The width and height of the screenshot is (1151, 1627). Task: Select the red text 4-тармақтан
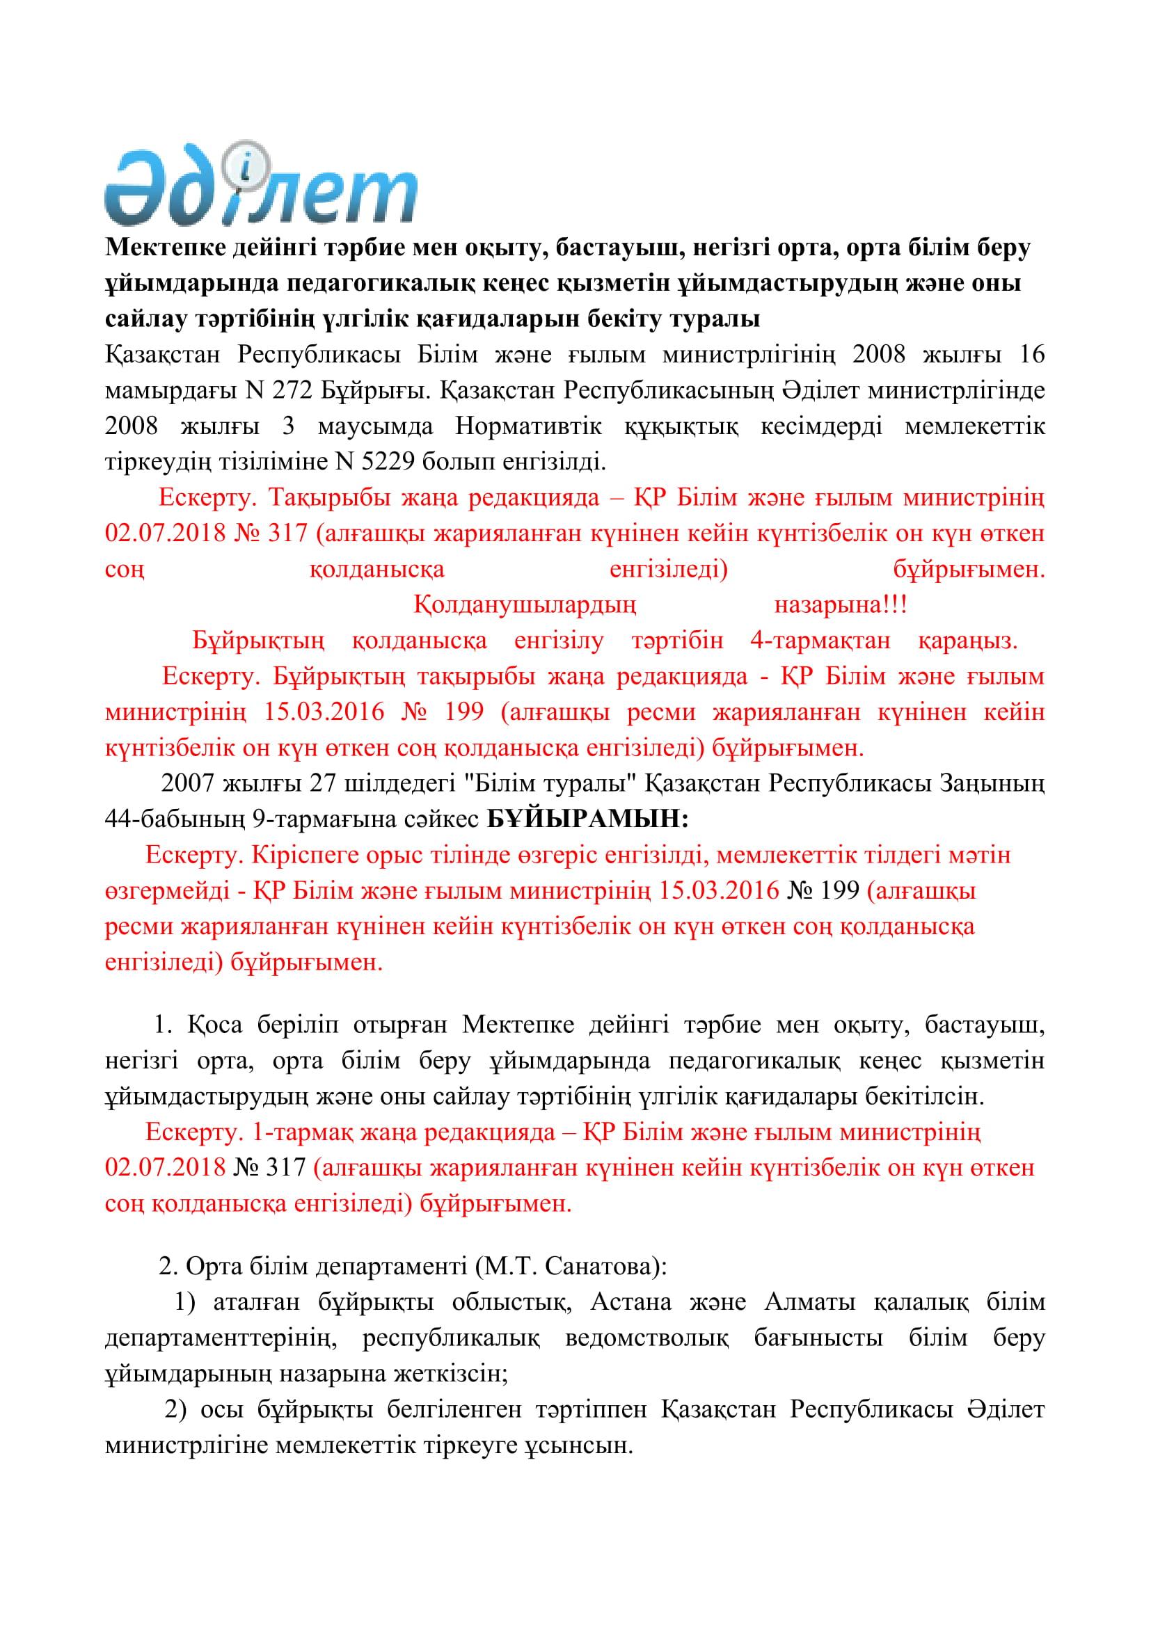point(819,641)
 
